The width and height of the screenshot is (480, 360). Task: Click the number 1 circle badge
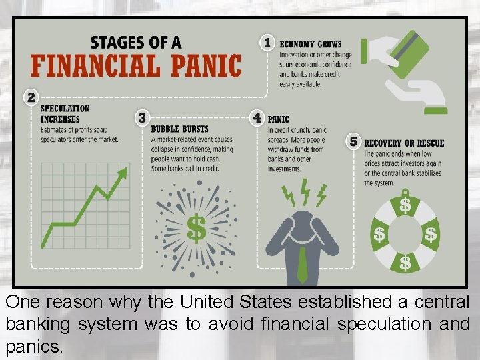[267, 43]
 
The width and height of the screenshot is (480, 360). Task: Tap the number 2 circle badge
[31, 97]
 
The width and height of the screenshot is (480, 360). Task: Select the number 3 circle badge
[141, 118]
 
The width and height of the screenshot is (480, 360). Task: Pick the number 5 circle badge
[354, 141]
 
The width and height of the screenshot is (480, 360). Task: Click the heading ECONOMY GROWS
[311, 44]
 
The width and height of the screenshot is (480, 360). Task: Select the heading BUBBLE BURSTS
[179, 129]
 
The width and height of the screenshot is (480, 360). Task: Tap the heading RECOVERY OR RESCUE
[404, 143]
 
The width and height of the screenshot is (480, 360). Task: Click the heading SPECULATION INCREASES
[65, 113]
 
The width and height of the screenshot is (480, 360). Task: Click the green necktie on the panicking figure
[303, 263]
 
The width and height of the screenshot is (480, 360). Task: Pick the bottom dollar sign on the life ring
[405, 263]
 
